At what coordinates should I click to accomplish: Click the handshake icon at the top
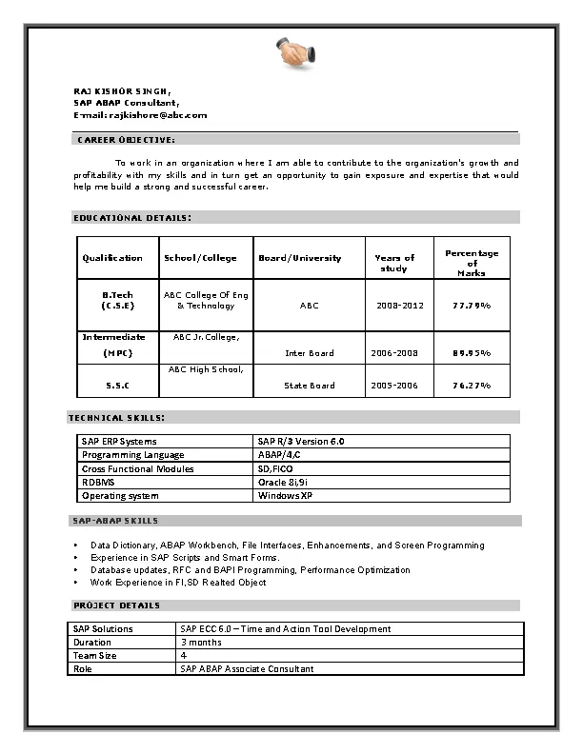[x=292, y=53]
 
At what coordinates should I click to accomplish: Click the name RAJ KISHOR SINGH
[x=123, y=90]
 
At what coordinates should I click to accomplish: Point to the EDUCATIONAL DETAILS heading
[x=132, y=218]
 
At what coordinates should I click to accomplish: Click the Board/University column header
[x=299, y=258]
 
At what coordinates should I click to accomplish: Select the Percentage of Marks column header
[x=472, y=263]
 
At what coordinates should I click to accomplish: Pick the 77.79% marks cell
[x=472, y=306]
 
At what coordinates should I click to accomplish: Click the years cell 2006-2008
[x=394, y=353]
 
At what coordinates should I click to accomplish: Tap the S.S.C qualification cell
[x=117, y=386]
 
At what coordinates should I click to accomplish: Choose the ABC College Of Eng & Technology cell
[x=206, y=301]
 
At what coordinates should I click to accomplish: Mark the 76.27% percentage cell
[x=472, y=386]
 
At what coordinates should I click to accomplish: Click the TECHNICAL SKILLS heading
[x=117, y=418]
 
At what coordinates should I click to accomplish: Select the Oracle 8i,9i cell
[x=285, y=483]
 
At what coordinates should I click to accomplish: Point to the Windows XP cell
[x=285, y=496]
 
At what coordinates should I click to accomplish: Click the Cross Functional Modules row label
[x=137, y=469]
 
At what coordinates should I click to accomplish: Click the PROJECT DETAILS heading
[x=117, y=605]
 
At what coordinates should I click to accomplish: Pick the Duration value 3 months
[x=201, y=643]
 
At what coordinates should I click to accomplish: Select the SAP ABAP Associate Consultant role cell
[x=247, y=669]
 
